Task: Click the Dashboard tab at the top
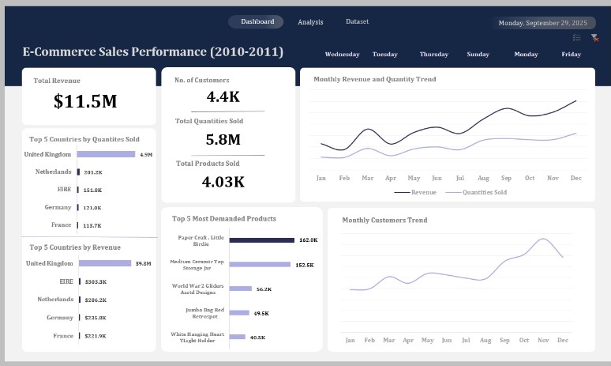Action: pos(257,22)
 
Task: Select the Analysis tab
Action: pos(310,22)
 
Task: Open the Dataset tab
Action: pos(357,22)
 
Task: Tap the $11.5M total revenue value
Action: pos(85,101)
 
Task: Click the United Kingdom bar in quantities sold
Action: pos(106,155)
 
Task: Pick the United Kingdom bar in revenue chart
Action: pos(104,263)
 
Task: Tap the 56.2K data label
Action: pos(264,289)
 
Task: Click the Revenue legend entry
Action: pos(415,192)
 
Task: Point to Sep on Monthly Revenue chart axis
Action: pos(506,179)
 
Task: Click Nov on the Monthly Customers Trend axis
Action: pos(543,340)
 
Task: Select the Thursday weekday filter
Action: pos(433,55)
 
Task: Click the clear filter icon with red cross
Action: pos(594,38)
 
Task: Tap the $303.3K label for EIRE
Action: pos(95,281)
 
